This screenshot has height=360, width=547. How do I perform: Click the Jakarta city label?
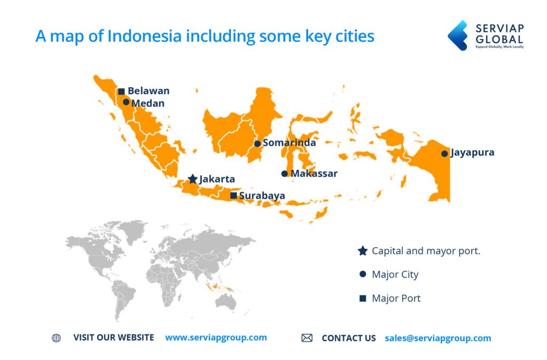(x=217, y=179)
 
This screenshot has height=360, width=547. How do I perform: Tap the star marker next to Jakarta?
(x=193, y=179)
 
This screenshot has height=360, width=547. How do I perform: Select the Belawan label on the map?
(x=149, y=91)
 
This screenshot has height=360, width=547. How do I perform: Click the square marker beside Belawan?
(x=121, y=91)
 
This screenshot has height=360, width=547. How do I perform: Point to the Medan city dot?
(x=126, y=102)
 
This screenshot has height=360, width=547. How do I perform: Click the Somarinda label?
(x=289, y=143)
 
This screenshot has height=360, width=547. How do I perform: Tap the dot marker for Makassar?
(x=284, y=174)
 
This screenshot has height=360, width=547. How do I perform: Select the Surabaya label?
(x=262, y=195)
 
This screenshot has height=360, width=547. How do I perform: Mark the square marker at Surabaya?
(x=233, y=195)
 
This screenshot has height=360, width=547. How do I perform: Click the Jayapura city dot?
(x=444, y=154)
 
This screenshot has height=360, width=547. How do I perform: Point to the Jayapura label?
(x=472, y=153)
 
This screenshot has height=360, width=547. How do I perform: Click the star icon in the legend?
(x=363, y=251)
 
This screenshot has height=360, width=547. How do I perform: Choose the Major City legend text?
(x=395, y=275)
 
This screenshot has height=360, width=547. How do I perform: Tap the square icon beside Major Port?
(x=363, y=298)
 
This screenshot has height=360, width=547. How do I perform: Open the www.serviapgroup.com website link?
(x=216, y=338)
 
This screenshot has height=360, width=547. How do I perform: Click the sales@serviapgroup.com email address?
(x=437, y=338)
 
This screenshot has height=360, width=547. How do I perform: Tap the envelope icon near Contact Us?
(x=307, y=338)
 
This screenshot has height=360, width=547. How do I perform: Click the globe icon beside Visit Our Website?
(x=56, y=338)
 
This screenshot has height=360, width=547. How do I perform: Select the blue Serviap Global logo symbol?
(x=457, y=35)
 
